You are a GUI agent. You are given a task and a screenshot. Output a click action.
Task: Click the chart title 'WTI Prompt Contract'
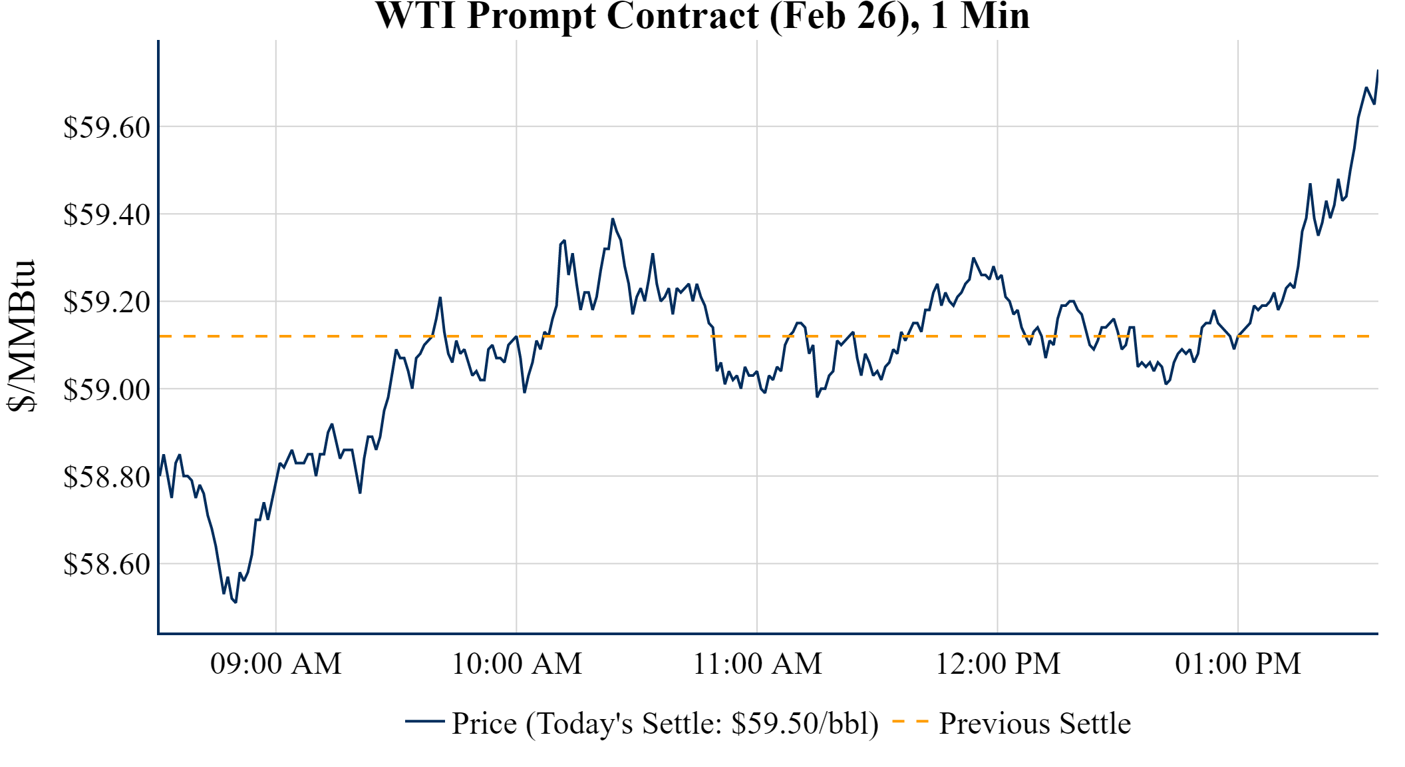point(702,16)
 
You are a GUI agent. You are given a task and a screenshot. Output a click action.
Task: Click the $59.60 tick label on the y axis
point(107,127)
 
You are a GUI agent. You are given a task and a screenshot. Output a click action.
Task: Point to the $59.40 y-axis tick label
point(107,215)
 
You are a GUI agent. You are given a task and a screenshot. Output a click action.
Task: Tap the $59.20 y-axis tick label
point(107,302)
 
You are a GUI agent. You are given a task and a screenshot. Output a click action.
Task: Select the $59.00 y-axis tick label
point(107,389)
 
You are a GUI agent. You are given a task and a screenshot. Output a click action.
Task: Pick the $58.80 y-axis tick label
point(107,477)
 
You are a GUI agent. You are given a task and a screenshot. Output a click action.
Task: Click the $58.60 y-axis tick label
point(107,565)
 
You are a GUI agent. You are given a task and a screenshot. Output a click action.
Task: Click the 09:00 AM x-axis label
point(276,664)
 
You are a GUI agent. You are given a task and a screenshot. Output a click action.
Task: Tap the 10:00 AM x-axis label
point(517,664)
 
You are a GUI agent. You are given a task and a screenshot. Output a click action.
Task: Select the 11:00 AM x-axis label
point(758,664)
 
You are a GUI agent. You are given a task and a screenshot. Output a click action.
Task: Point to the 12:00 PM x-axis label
point(998,664)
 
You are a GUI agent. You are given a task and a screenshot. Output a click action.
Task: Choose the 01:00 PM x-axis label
point(1238,664)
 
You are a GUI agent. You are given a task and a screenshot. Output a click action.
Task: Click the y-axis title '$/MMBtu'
point(21,336)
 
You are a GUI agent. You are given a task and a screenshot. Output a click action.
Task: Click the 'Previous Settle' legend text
point(1034,724)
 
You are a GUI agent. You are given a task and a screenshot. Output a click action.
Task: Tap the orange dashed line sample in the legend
point(910,722)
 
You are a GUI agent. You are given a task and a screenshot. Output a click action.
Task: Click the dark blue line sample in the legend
point(425,722)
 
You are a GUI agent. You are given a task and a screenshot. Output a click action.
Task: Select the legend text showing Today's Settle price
point(665,724)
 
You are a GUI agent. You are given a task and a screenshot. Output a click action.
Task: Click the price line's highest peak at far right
point(1377,70)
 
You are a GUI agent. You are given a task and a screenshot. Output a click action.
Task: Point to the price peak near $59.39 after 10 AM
point(613,219)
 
